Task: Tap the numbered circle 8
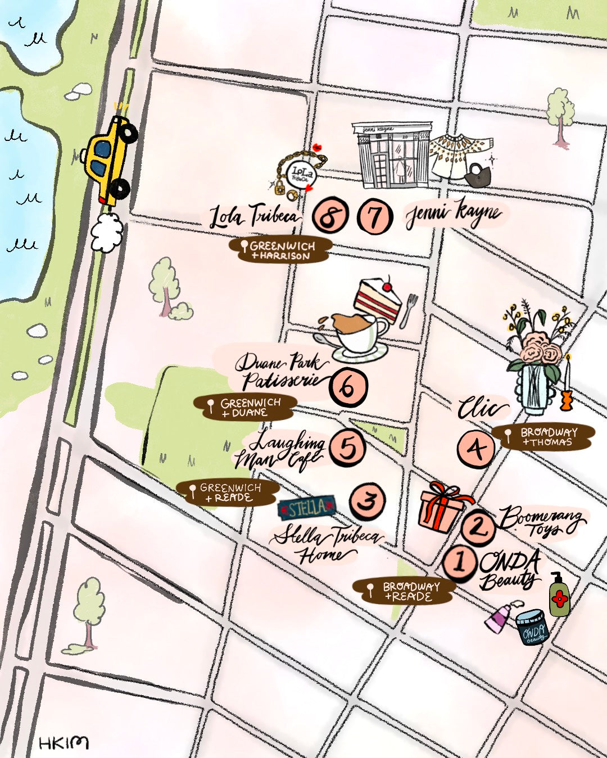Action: (x=330, y=216)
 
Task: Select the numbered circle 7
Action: (x=375, y=216)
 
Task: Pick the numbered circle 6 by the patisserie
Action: (x=348, y=387)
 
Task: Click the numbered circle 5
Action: (x=347, y=448)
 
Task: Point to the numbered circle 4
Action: (x=477, y=449)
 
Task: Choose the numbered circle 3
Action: (x=367, y=500)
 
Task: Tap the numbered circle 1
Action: (x=460, y=562)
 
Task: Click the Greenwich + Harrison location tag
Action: (x=280, y=250)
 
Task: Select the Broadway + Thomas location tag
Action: (x=543, y=437)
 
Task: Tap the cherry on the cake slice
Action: (x=386, y=286)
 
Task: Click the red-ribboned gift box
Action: (x=442, y=508)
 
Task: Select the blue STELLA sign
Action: (x=307, y=509)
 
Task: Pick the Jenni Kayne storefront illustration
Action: (x=392, y=156)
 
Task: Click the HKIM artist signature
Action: (x=64, y=743)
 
